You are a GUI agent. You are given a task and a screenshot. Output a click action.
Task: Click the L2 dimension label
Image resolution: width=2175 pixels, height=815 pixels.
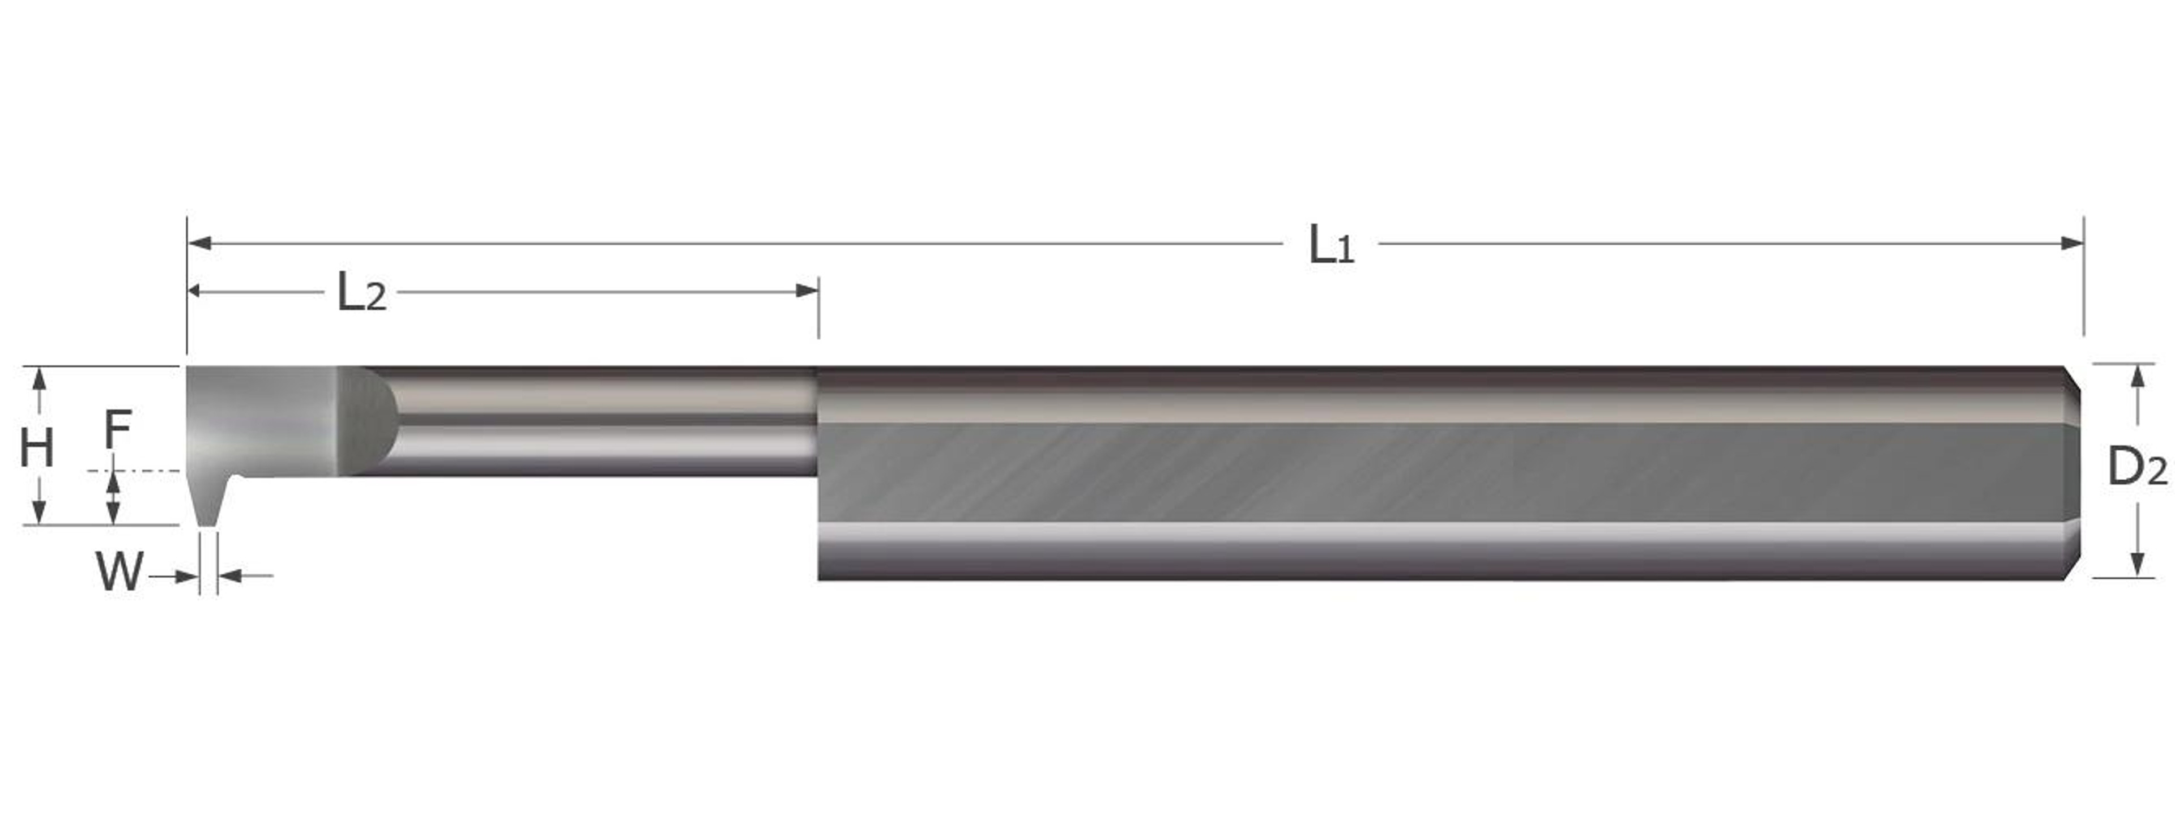pos(361,293)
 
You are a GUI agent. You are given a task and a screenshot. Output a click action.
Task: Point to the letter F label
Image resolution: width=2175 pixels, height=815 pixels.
pos(117,429)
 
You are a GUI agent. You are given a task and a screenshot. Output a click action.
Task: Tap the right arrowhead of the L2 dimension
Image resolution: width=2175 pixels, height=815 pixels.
pos(807,291)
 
